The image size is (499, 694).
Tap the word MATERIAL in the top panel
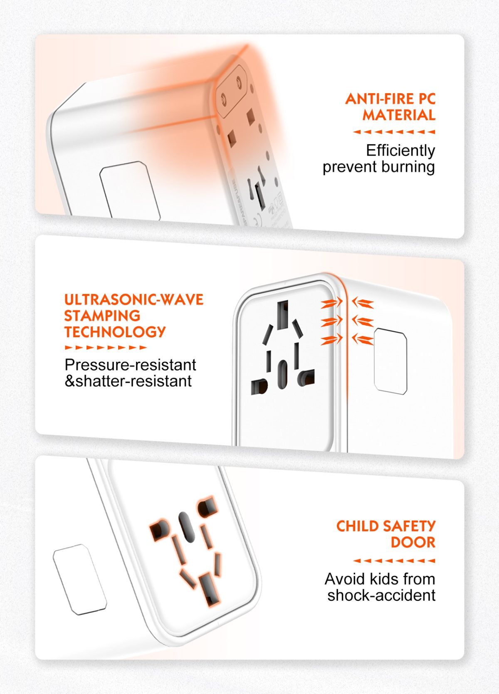399,115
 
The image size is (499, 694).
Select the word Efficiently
400,151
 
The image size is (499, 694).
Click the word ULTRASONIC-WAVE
134,300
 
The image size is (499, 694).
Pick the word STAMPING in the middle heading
102,316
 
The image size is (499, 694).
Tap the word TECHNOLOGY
115,332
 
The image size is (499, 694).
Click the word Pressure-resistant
131,365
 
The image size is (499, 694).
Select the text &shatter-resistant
128,381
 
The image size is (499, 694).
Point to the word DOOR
413,542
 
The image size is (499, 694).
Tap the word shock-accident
381,595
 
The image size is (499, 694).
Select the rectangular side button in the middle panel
390,361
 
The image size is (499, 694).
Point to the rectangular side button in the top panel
130,190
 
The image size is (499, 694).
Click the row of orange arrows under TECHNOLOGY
106,348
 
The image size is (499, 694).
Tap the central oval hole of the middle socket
282,374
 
